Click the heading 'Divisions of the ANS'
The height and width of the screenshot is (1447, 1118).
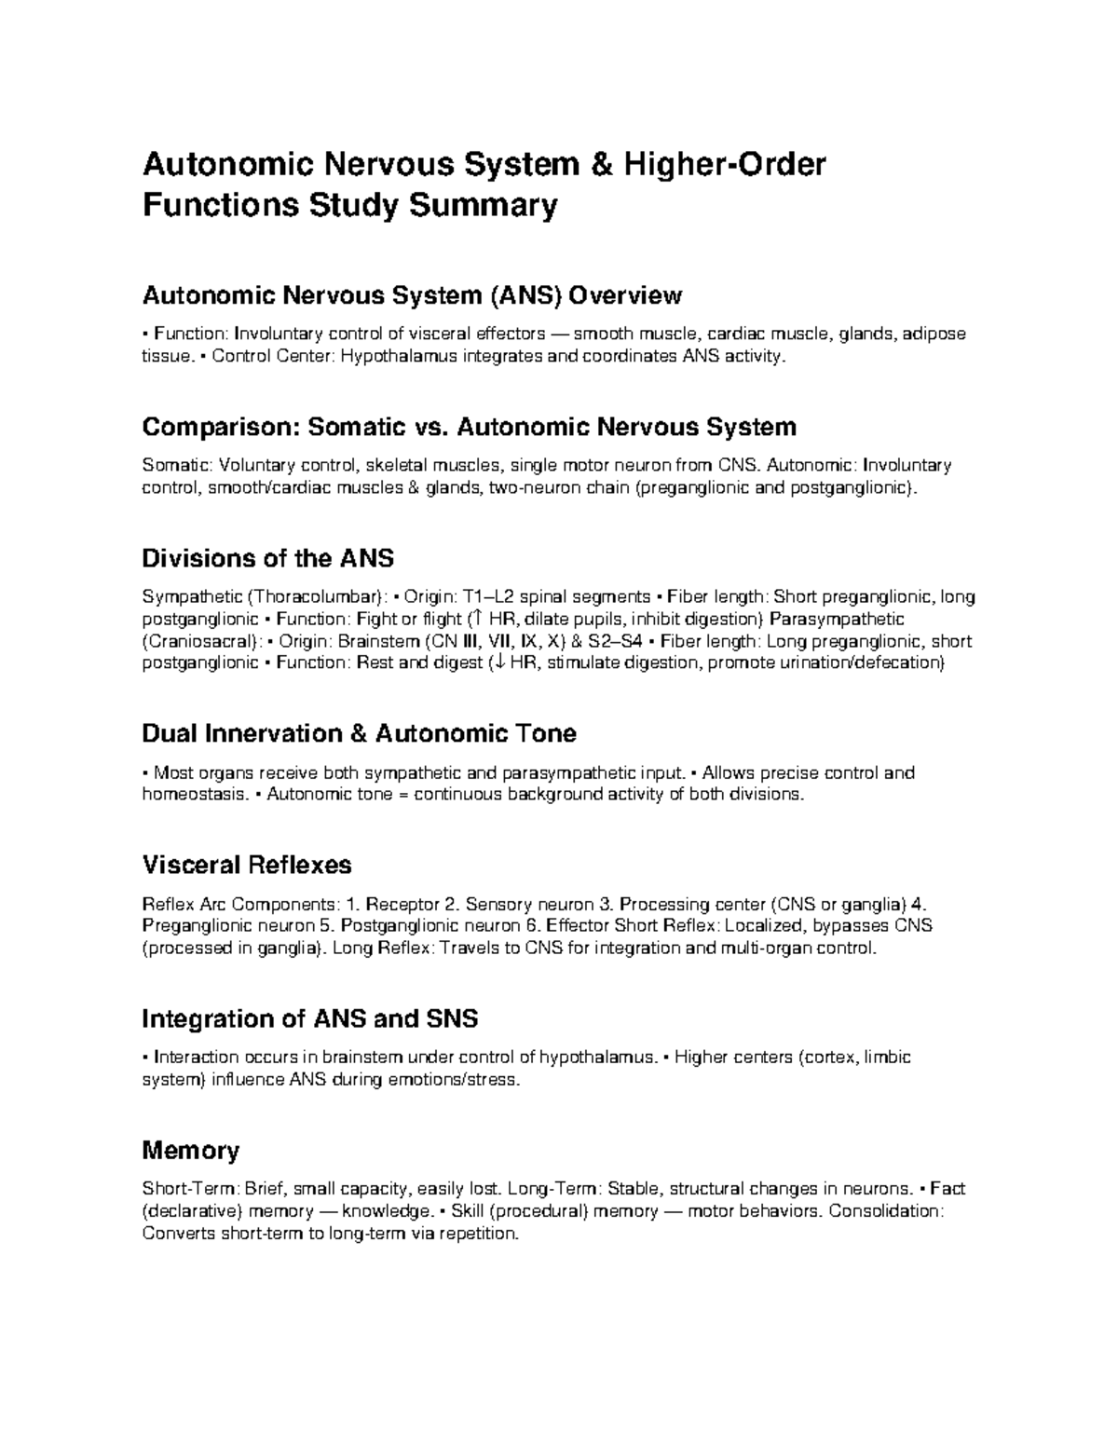267,558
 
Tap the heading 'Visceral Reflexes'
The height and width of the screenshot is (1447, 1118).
246,865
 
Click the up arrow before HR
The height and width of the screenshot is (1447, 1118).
475,619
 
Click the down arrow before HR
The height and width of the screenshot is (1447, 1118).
498,663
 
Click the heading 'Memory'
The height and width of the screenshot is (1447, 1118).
190,1151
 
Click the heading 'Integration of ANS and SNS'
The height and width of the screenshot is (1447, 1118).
309,1018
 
